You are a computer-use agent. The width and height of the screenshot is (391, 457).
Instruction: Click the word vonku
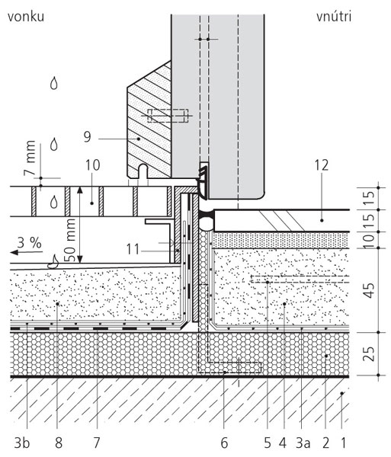26,17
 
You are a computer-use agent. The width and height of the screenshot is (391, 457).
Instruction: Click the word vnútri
334,17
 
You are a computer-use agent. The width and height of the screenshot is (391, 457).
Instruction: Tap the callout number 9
88,136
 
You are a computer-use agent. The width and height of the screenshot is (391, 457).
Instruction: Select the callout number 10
93,165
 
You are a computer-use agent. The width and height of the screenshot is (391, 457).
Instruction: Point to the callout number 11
133,250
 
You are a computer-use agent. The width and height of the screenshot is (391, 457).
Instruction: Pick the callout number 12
322,165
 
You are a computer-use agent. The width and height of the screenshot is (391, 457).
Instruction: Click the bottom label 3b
22,443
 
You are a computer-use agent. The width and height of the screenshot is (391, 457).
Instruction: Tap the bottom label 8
59,443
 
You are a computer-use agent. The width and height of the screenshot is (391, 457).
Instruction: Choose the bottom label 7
97,443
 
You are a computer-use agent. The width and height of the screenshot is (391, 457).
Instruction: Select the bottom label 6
224,443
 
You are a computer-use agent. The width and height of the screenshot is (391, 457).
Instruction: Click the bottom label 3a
303,443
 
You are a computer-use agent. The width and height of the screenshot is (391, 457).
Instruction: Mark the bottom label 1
344,443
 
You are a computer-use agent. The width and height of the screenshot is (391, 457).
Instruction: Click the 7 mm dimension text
30,158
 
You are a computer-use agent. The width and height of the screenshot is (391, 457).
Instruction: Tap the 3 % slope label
29,242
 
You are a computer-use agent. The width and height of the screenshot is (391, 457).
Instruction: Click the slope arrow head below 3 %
14,252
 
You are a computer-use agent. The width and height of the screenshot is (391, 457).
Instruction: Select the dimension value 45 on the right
370,290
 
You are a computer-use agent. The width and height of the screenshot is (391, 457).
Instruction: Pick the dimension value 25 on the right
370,353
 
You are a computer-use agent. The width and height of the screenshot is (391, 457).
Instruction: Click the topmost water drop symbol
54,83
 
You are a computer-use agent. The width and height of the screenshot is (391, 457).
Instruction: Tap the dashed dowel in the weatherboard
168,116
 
